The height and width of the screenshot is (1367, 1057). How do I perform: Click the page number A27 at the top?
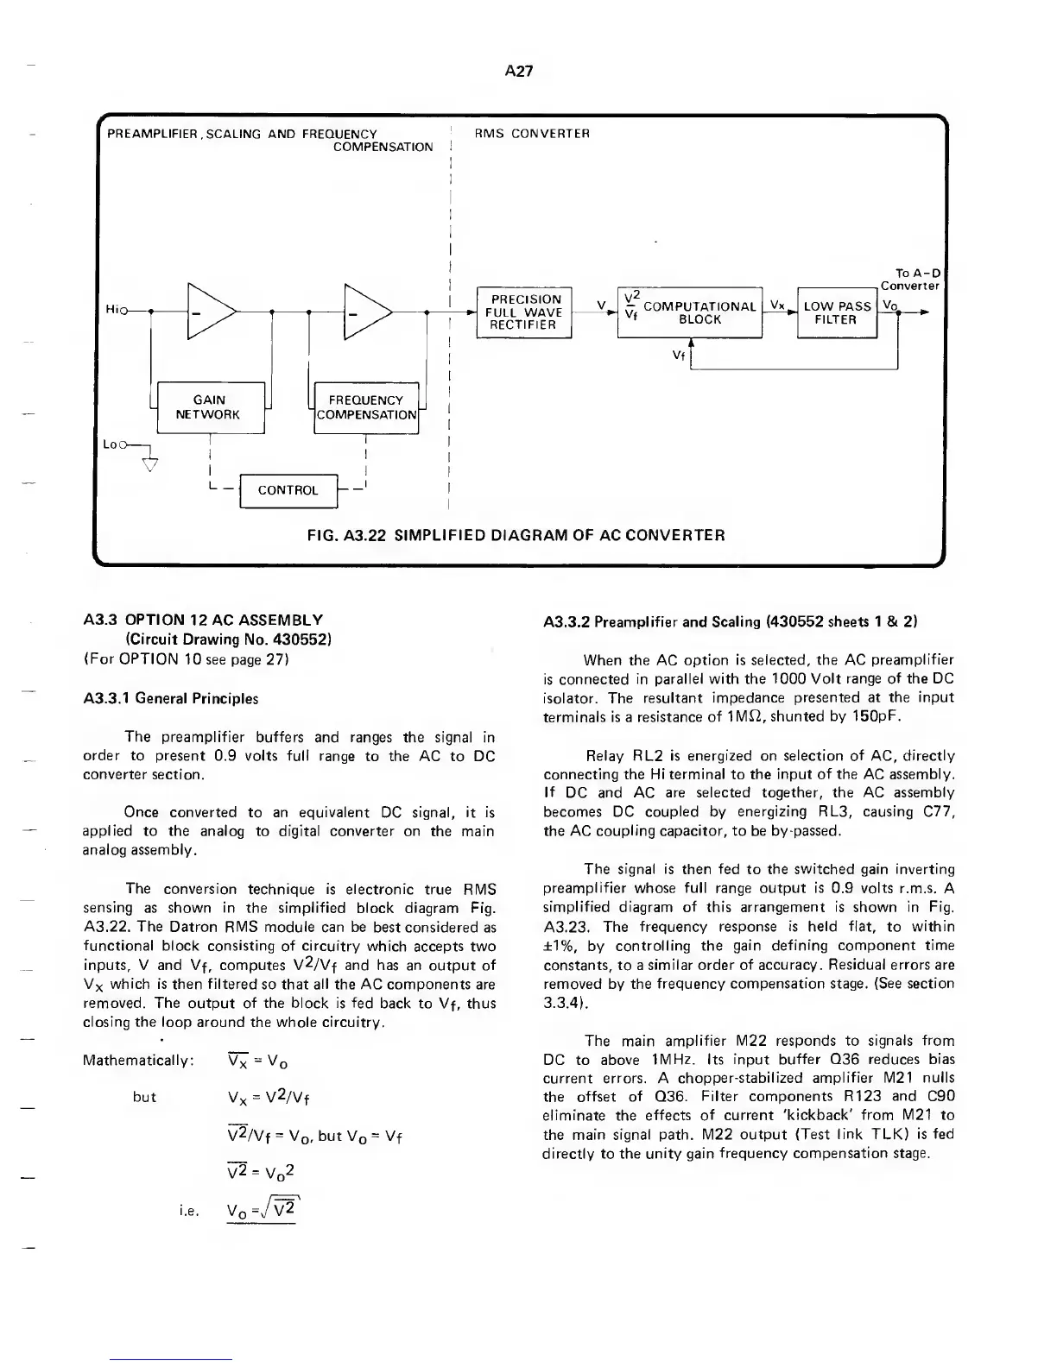coord(518,72)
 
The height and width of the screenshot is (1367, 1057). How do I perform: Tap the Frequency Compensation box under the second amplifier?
coord(367,407)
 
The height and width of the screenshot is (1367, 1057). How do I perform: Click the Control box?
coord(288,490)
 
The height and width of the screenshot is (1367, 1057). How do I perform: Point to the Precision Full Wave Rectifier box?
coord(524,312)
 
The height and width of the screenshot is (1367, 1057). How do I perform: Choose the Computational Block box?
coord(690,312)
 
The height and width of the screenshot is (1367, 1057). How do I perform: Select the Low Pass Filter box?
coord(837,312)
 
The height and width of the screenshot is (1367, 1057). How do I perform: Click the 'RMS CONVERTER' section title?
coord(533,134)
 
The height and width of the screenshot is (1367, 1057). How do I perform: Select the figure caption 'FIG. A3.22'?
coord(516,535)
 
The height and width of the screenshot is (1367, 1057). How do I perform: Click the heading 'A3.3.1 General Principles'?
coord(170,698)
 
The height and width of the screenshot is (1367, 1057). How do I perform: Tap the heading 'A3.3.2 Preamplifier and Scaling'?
coord(730,621)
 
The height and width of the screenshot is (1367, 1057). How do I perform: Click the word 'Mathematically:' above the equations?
coord(137,1060)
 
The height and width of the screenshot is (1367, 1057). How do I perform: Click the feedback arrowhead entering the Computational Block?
coord(691,343)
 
